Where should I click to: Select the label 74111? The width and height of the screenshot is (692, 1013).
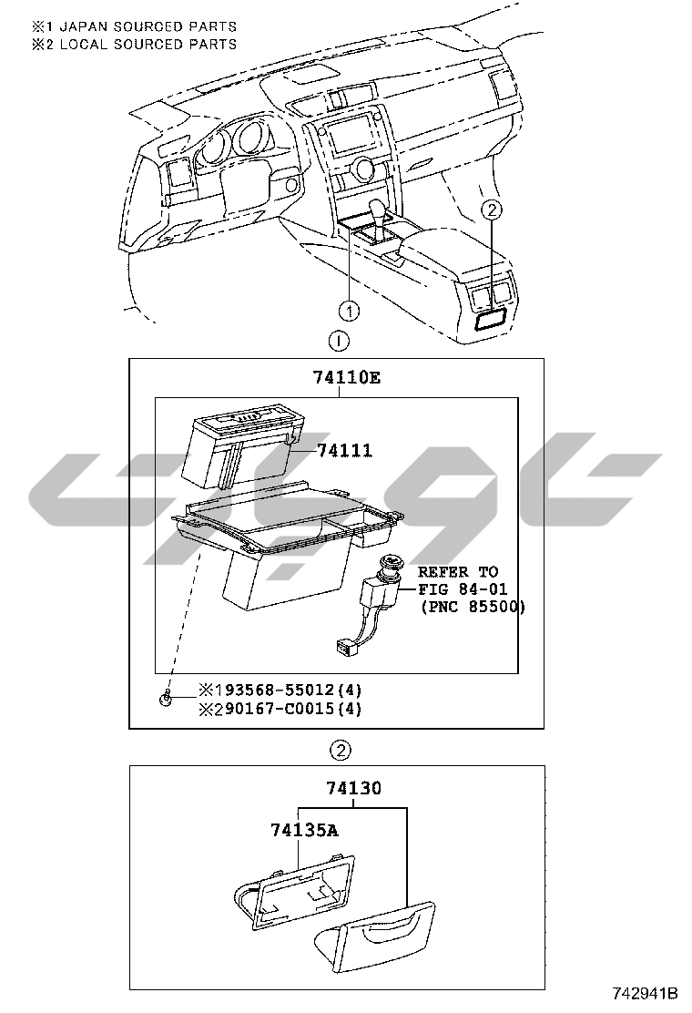344,451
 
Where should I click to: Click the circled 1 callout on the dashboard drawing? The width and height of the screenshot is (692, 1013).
350,309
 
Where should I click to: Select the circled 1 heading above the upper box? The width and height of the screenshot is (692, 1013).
338,342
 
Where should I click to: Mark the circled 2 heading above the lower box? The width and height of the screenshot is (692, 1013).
339,751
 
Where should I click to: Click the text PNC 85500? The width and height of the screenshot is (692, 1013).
473,606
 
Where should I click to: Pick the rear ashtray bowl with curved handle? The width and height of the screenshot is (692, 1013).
375,938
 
